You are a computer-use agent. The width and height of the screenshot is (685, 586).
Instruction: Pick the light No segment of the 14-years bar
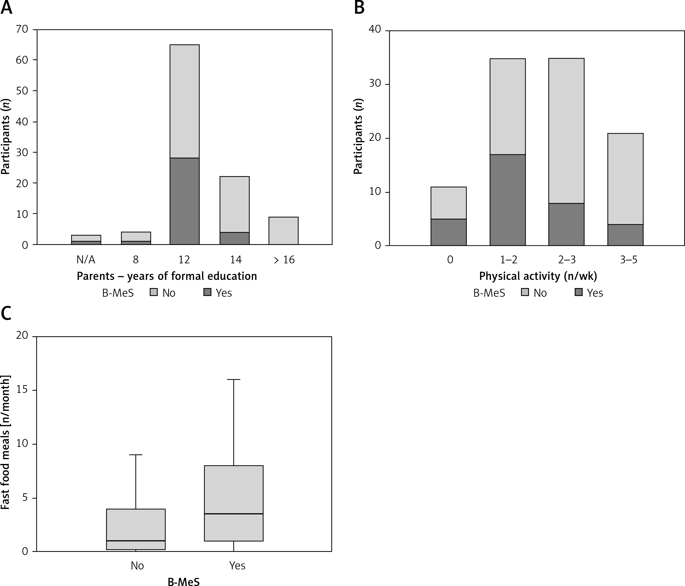(235, 204)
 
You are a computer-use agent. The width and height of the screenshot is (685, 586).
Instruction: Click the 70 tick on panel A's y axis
(22, 29)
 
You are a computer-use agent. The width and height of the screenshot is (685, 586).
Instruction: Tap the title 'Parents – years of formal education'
(167, 276)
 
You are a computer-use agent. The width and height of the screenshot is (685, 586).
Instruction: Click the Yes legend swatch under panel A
(207, 292)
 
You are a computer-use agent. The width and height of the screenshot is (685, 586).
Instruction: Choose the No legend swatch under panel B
(525, 292)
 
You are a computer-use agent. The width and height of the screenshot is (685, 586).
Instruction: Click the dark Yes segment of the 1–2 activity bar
(507, 200)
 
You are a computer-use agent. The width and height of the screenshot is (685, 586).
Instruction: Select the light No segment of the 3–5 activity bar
(625, 179)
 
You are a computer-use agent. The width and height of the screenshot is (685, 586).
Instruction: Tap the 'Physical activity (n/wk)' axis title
(538, 276)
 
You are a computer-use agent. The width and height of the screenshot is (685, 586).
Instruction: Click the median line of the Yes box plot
(234, 514)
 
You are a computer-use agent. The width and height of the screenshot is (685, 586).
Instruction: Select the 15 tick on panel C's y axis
(22, 390)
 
